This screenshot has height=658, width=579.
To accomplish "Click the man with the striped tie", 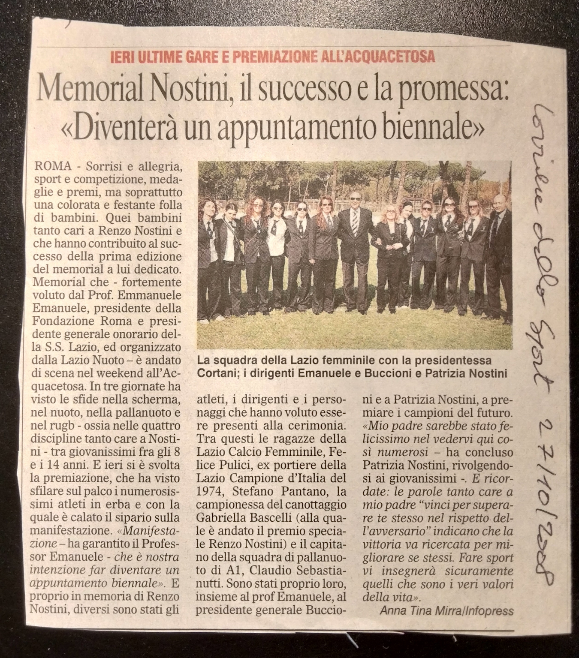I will [355, 249].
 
